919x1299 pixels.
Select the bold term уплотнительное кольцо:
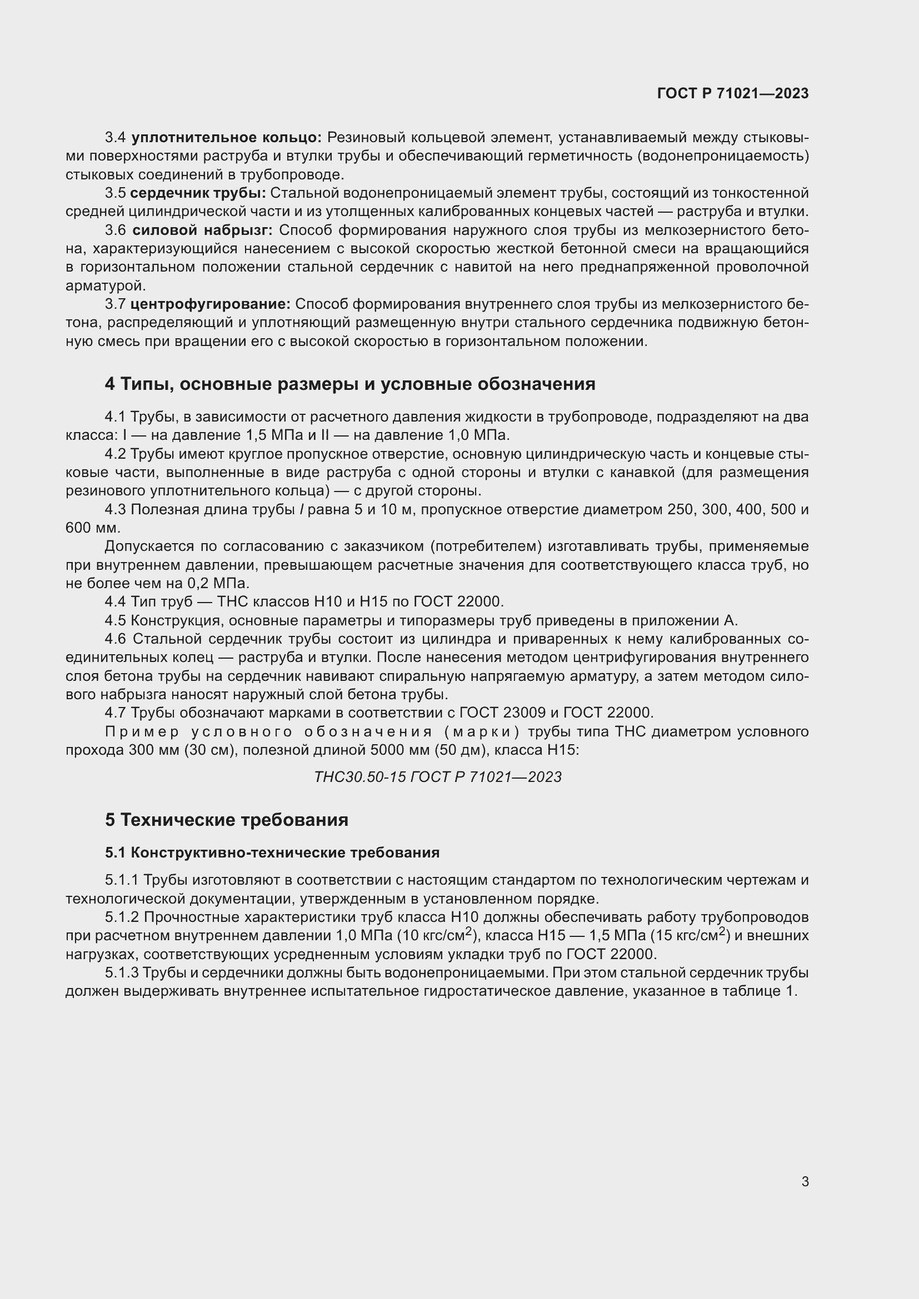226,138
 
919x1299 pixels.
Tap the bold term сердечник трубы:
197,193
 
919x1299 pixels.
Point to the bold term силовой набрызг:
203,230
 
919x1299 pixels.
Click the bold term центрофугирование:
210,304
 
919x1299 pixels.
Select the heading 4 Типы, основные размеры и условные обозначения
349,384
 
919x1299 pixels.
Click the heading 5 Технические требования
226,820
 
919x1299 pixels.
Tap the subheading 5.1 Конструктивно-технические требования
272,852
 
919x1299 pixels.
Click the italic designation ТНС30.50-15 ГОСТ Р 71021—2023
437,777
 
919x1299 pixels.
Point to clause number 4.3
116,510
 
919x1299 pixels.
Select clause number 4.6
116,639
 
